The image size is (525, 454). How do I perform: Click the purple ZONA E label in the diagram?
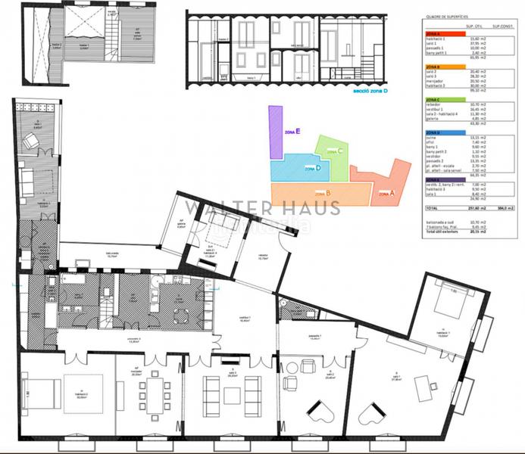(x=292, y=132)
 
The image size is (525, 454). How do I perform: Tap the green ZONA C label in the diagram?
(x=334, y=150)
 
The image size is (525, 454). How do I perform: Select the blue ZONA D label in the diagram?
(x=312, y=168)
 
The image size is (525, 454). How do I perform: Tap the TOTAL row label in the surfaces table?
(x=432, y=207)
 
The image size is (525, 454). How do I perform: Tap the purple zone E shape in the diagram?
(x=276, y=133)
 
